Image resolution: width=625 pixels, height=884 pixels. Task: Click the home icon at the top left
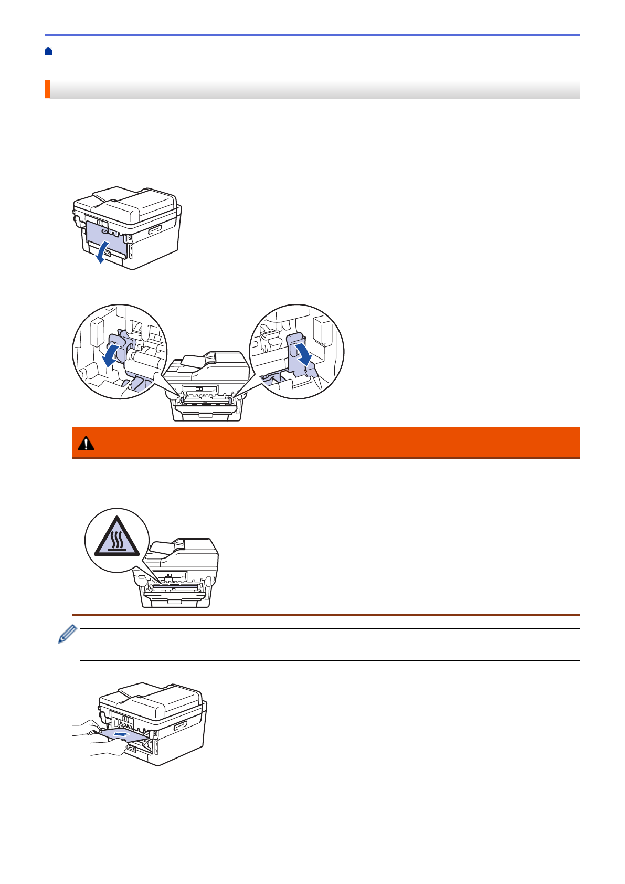pyautogui.click(x=48, y=51)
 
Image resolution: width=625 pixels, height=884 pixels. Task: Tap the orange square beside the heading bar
pyautogui.click(x=47, y=89)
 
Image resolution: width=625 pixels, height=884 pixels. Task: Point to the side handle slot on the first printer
pyautogui.click(x=156, y=229)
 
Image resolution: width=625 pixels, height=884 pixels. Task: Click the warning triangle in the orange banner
pyautogui.click(x=86, y=444)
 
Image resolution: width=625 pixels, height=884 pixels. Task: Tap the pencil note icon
pyautogui.click(x=68, y=634)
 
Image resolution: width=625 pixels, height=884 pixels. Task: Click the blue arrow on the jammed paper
pyautogui.click(x=121, y=734)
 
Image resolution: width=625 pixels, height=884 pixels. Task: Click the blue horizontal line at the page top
pyautogui.click(x=312, y=35)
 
